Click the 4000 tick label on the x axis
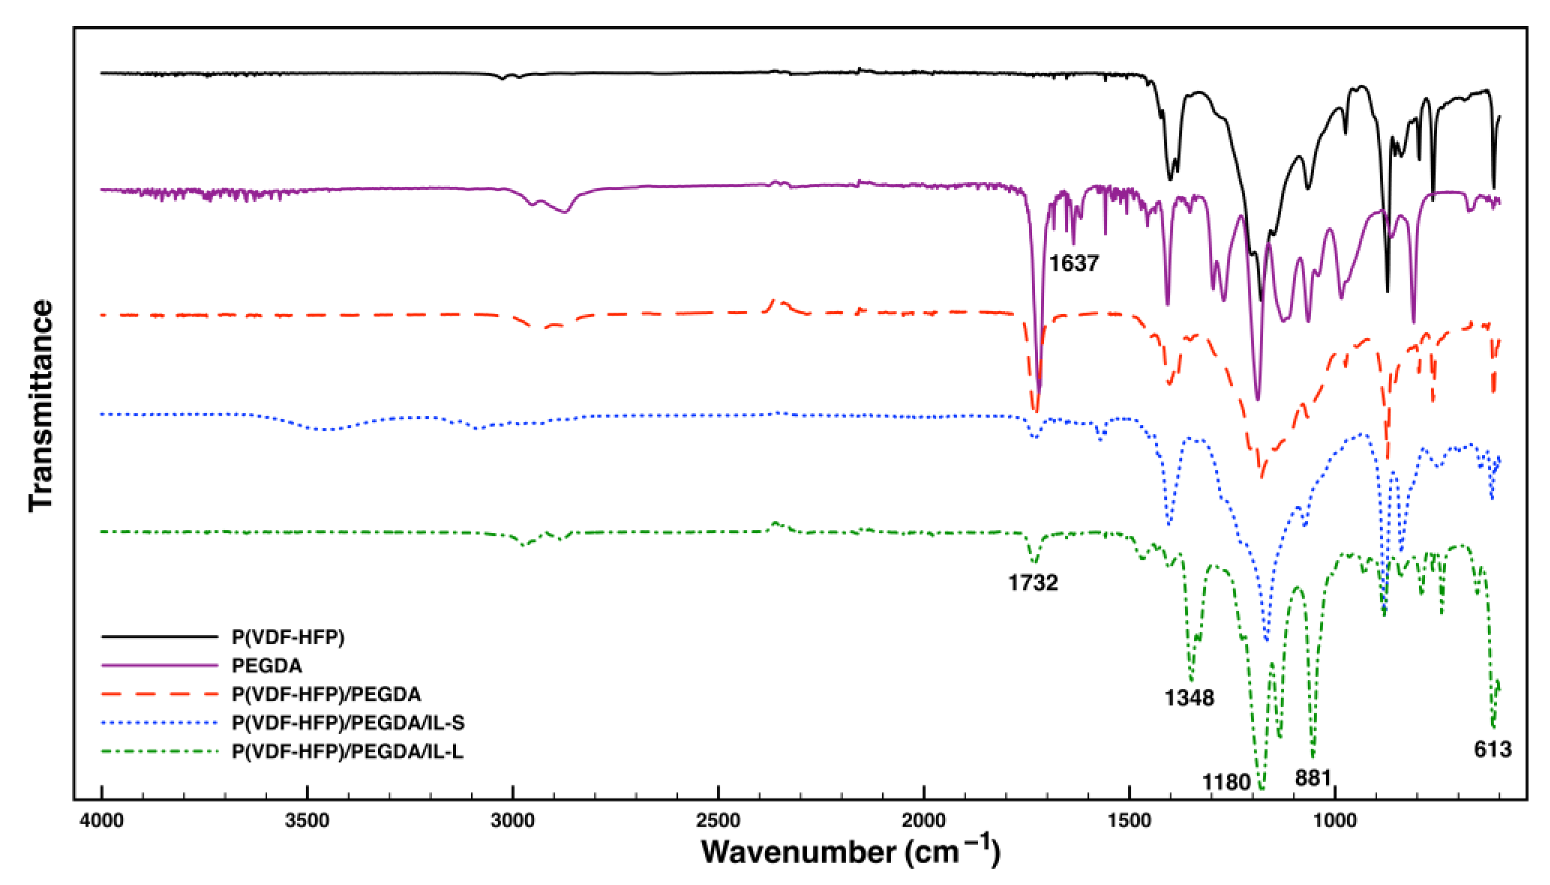pos(101,821)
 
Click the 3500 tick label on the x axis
pos(307,821)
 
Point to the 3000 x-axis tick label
pos(513,821)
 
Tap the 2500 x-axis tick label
pos(718,821)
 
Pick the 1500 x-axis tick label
pos(1129,821)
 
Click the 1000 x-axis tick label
pos(1335,821)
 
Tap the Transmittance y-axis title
pos(41,406)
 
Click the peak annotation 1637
pos(1074,264)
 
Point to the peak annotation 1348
pos(1189,698)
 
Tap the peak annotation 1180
pos(1226,782)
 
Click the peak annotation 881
pos(1313,778)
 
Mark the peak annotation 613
pos(1492,750)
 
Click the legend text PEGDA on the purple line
pos(266,666)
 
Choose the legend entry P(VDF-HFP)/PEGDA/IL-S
pos(348,723)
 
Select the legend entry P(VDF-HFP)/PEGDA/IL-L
pos(347,752)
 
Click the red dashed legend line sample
pos(159,694)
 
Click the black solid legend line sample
pos(159,636)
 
